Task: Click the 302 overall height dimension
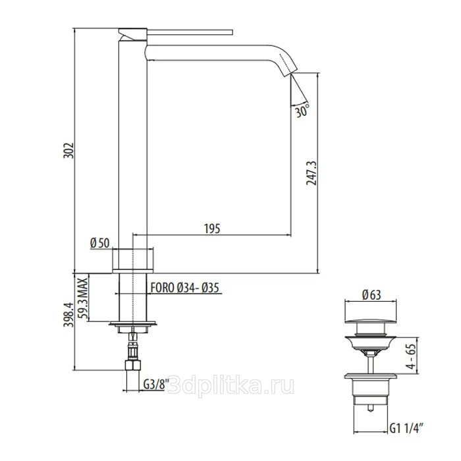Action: click(68, 151)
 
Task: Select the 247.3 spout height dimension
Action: click(312, 173)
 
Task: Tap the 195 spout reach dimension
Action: click(212, 229)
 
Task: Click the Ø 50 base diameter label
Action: click(99, 243)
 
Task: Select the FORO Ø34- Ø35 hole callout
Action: click(185, 288)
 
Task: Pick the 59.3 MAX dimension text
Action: click(84, 298)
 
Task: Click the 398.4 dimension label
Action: click(68, 315)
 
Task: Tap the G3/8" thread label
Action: click(156, 384)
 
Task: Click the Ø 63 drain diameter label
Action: click(372, 294)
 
